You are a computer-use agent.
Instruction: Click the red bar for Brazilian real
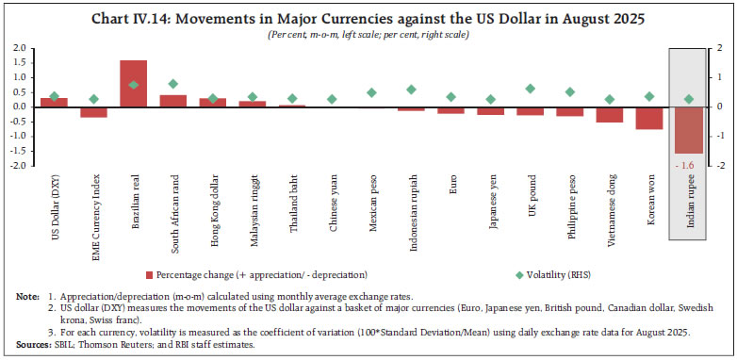pyautogui.click(x=133, y=83)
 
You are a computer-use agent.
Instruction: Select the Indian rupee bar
pyautogui.click(x=688, y=129)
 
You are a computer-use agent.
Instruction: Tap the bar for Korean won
pyautogui.click(x=648, y=117)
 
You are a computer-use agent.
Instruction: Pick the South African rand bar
pyautogui.click(x=172, y=100)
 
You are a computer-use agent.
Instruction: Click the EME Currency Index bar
pyautogui.click(x=93, y=111)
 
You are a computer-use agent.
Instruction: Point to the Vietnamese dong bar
pyautogui.click(x=609, y=114)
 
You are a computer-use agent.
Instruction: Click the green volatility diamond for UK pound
pyautogui.click(x=530, y=89)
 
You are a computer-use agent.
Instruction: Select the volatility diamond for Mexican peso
pyautogui.click(x=371, y=92)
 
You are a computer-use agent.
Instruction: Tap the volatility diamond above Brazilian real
pyautogui.click(x=133, y=85)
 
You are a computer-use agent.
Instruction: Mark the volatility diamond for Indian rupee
pyautogui.click(x=688, y=99)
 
